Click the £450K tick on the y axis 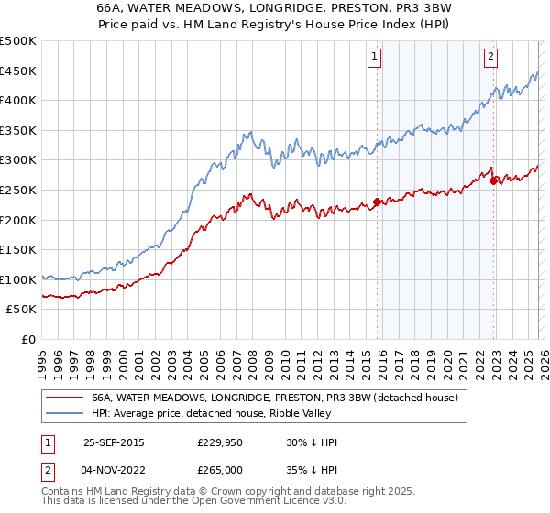[x=18, y=71]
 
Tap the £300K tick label [x=18, y=159]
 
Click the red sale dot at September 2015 [x=377, y=202]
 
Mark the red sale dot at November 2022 [x=493, y=180]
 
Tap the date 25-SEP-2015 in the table [x=114, y=442]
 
